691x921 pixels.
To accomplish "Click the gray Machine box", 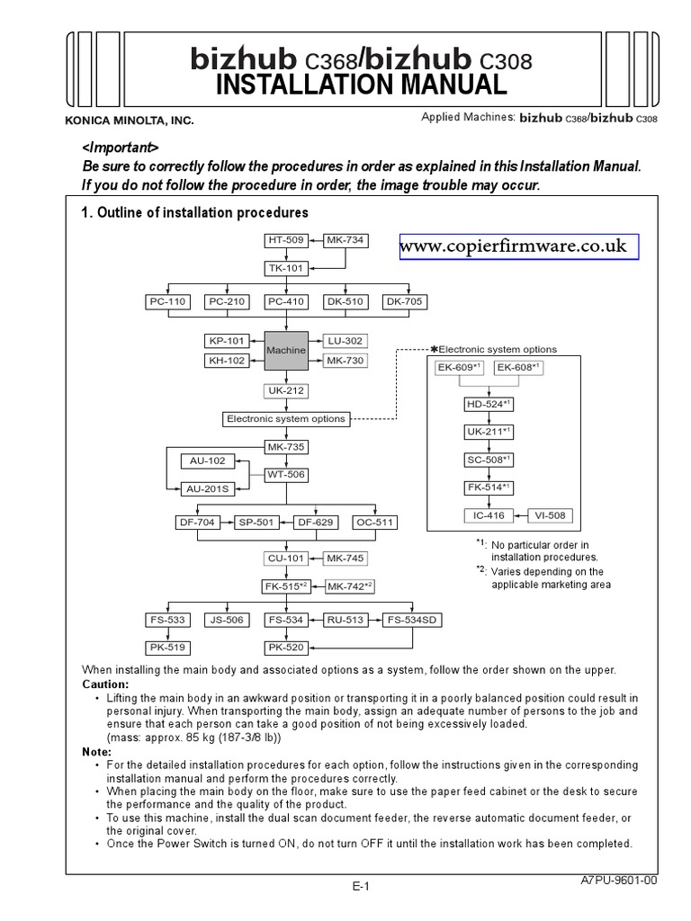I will click(x=285, y=350).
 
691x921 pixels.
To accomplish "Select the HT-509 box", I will click(x=285, y=240).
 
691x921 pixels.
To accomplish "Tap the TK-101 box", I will click(x=285, y=267).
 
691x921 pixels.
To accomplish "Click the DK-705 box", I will click(x=405, y=301).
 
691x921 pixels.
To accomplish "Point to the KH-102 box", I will click(x=229, y=361).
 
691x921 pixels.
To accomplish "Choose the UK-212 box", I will click(x=285, y=390).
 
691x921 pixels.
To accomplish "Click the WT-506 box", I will click(x=285, y=474).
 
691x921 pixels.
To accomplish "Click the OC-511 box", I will click(x=374, y=522).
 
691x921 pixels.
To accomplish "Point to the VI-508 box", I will click(x=549, y=515).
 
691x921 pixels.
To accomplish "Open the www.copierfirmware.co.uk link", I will click(x=519, y=246).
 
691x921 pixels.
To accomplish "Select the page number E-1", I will click(x=362, y=886).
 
